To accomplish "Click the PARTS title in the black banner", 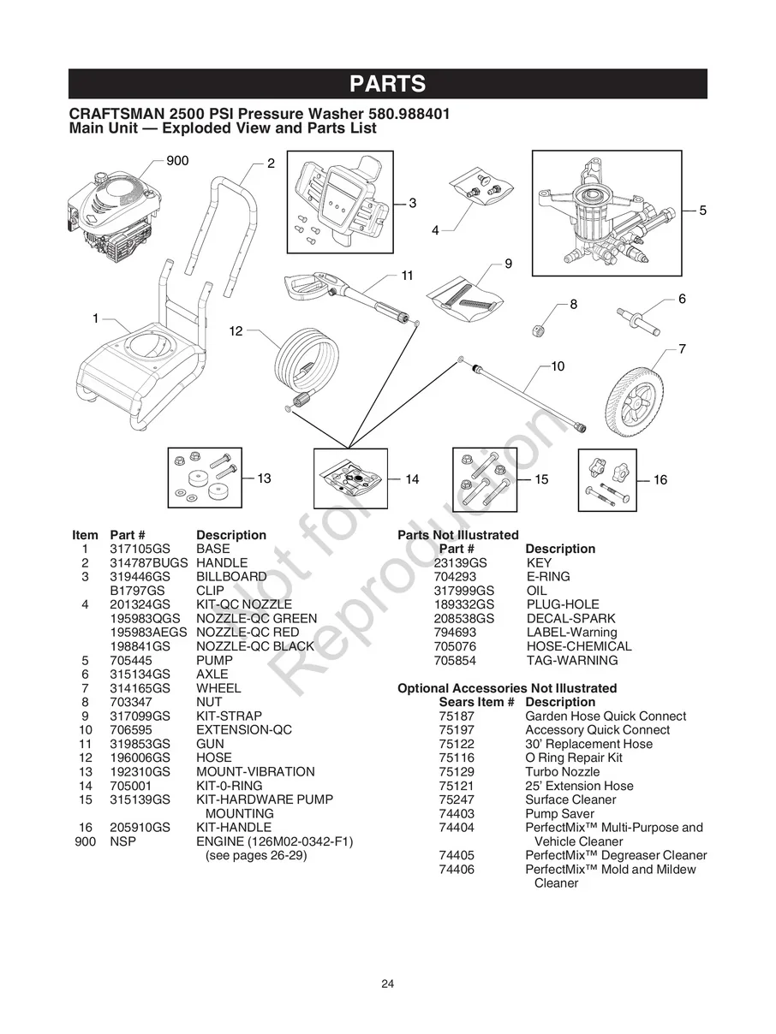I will point(387,84).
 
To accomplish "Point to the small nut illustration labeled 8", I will point(542,329).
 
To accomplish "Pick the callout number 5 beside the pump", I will point(702,210).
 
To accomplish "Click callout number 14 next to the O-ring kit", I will point(412,479).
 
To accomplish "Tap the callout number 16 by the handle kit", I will point(660,480).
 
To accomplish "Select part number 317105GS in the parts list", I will point(140,549).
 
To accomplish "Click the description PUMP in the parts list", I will point(214,660).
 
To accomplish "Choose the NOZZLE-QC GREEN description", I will point(256,618).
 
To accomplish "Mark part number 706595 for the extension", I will point(129,729).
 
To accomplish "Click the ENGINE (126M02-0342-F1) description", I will point(274,841).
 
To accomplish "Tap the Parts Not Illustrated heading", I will point(457,535).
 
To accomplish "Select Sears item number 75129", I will point(456,771).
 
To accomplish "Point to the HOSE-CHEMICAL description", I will point(578,646).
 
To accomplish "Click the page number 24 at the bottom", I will point(387,983).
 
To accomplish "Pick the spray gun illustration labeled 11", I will point(343,291).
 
